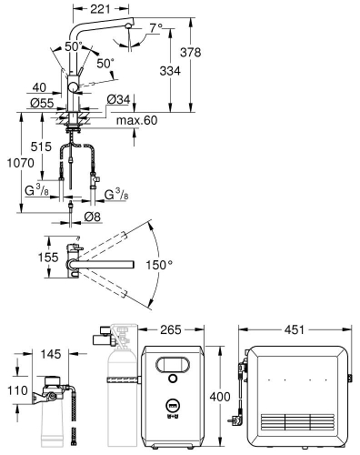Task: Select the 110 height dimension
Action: (15, 392)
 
